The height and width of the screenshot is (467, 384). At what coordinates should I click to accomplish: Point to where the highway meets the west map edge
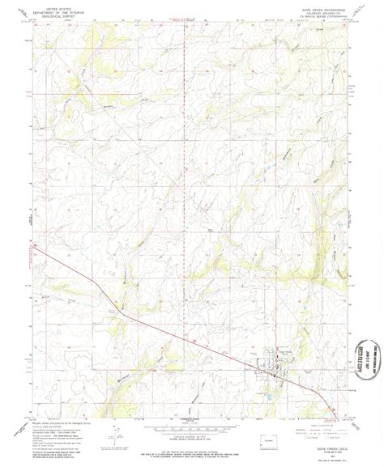pyautogui.click(x=32, y=253)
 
